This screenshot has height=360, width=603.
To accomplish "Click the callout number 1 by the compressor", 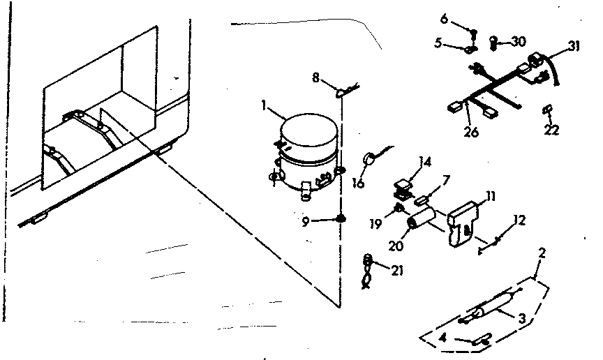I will click(x=265, y=107).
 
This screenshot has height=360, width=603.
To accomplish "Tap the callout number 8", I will click(x=315, y=79).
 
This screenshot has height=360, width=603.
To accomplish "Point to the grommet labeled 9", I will click(x=341, y=219).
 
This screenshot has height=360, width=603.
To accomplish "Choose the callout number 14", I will click(x=424, y=162).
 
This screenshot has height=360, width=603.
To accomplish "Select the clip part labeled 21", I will click(x=367, y=270).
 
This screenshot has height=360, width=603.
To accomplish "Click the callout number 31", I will click(x=574, y=47).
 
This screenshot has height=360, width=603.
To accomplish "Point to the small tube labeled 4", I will click(x=479, y=338).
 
